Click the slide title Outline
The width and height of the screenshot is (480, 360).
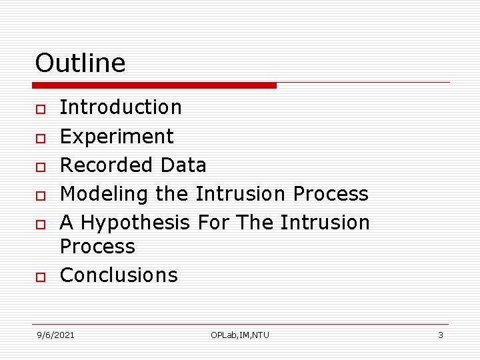[x=80, y=63]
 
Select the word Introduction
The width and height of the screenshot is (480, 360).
[x=121, y=107]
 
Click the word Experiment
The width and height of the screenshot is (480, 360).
[x=117, y=137]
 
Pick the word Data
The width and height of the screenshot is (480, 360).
[x=183, y=165]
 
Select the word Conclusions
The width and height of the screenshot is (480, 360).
[x=119, y=275]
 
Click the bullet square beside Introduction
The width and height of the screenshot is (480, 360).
[x=40, y=109]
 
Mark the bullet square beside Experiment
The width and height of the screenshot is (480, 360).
[x=40, y=138]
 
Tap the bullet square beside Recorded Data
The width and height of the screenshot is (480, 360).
[x=40, y=166]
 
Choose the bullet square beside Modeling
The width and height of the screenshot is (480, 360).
[x=40, y=195]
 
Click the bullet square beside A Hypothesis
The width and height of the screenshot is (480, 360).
[x=40, y=224]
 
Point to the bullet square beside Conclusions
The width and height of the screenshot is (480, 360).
[x=40, y=277]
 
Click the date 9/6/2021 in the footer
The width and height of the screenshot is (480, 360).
[x=55, y=335]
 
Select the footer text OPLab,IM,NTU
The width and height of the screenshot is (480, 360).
[x=240, y=335]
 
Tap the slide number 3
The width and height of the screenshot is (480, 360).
[x=440, y=335]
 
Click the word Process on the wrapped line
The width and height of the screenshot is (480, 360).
[x=97, y=247]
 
